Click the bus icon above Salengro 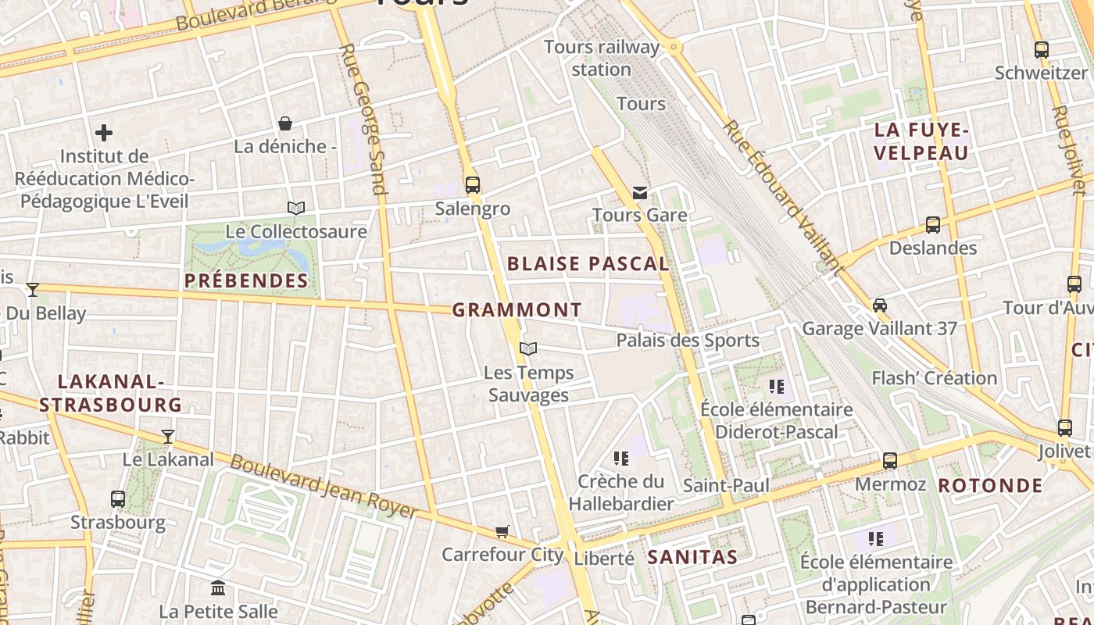coord(472,185)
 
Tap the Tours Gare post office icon coord(640,192)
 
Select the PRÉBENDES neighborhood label coord(246,280)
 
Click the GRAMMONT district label coord(517,310)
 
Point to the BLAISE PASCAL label coord(588,264)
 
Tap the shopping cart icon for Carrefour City coord(502,532)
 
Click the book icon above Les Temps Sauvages coord(528,348)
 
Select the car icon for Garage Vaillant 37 coord(880,305)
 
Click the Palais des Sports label coord(688,341)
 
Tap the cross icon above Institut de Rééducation coord(104,133)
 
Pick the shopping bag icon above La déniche coord(285,123)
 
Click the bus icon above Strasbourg coord(118,498)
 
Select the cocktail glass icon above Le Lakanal coord(168,436)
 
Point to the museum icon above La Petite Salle coord(218,587)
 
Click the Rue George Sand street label coord(363,119)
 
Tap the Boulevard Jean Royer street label coord(324,485)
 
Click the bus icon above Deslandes coord(933,225)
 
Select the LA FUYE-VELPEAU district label coord(921,141)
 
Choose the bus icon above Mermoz coord(890,461)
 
